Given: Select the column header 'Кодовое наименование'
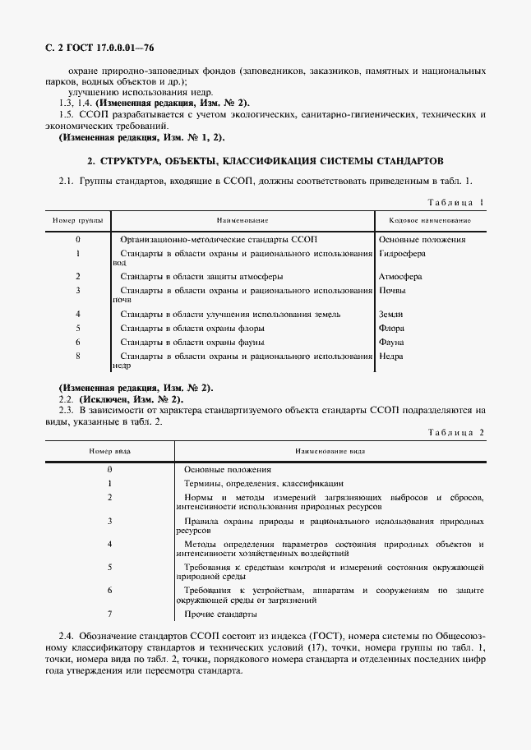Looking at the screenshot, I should (423, 221).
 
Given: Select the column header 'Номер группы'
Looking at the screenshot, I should (77, 221).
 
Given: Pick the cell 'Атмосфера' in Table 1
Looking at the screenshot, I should (399, 276).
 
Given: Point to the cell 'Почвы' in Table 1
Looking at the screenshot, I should (391, 290).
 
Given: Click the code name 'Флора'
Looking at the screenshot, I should (391, 328).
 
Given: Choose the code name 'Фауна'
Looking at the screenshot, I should (391, 342).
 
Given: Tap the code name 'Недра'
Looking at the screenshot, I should (391, 356).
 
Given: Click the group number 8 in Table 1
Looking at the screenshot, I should (77, 356).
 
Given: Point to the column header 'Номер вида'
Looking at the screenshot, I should (109, 451).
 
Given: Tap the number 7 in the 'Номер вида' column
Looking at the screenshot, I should (109, 614).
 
